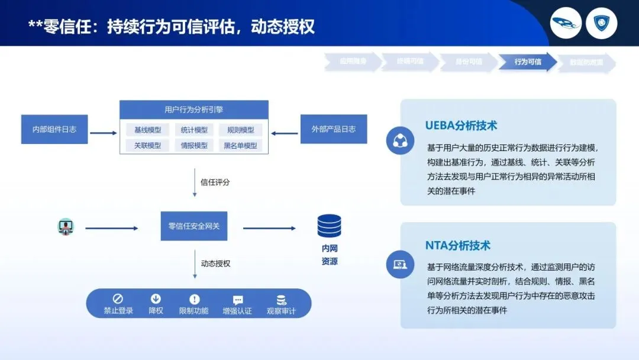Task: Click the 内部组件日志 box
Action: coord(54,129)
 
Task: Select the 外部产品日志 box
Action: coord(334,129)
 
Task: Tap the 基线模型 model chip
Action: coord(147,130)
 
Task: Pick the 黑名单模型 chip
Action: coord(240,146)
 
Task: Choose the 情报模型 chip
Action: coord(194,146)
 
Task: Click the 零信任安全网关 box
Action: coord(194,226)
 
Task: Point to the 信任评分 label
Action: coord(215,182)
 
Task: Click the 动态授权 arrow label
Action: coord(215,263)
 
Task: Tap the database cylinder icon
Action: coord(329,226)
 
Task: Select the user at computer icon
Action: coord(66,227)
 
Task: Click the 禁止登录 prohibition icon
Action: coord(118,299)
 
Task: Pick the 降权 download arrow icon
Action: coord(156,299)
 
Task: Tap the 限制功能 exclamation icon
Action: coord(194,300)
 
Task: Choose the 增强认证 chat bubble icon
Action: coord(238,300)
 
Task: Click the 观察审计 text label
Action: coord(281,311)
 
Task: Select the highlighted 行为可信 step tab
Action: coord(527,62)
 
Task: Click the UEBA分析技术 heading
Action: coord(461,126)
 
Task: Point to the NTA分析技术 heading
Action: coord(457,245)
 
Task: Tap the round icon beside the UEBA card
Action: coord(401,141)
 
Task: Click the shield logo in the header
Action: coord(605,23)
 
